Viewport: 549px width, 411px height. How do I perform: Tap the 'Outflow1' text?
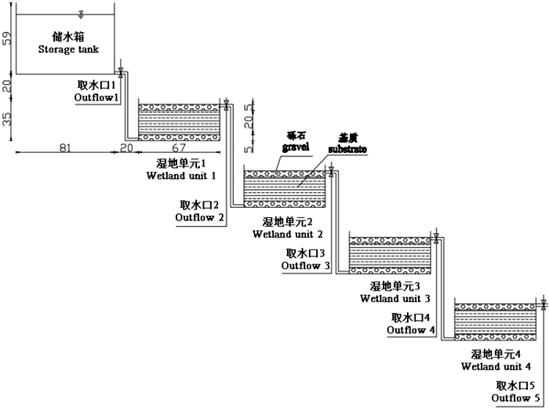[96, 97]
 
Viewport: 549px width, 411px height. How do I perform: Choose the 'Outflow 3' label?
[307, 266]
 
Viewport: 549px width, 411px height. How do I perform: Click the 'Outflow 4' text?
[411, 330]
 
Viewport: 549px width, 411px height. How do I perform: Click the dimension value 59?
[7, 38]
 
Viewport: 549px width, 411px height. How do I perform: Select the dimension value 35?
[7, 119]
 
